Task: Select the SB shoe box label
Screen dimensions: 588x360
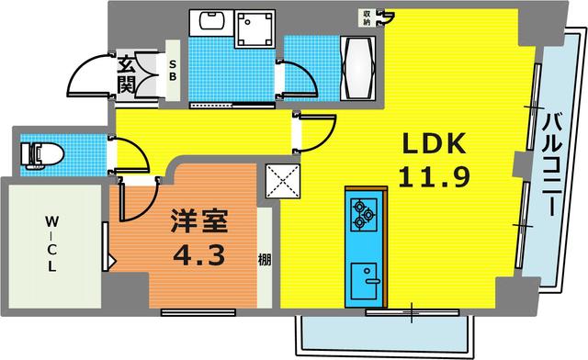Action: tap(172, 71)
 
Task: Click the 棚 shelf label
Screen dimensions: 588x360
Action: tap(265, 260)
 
